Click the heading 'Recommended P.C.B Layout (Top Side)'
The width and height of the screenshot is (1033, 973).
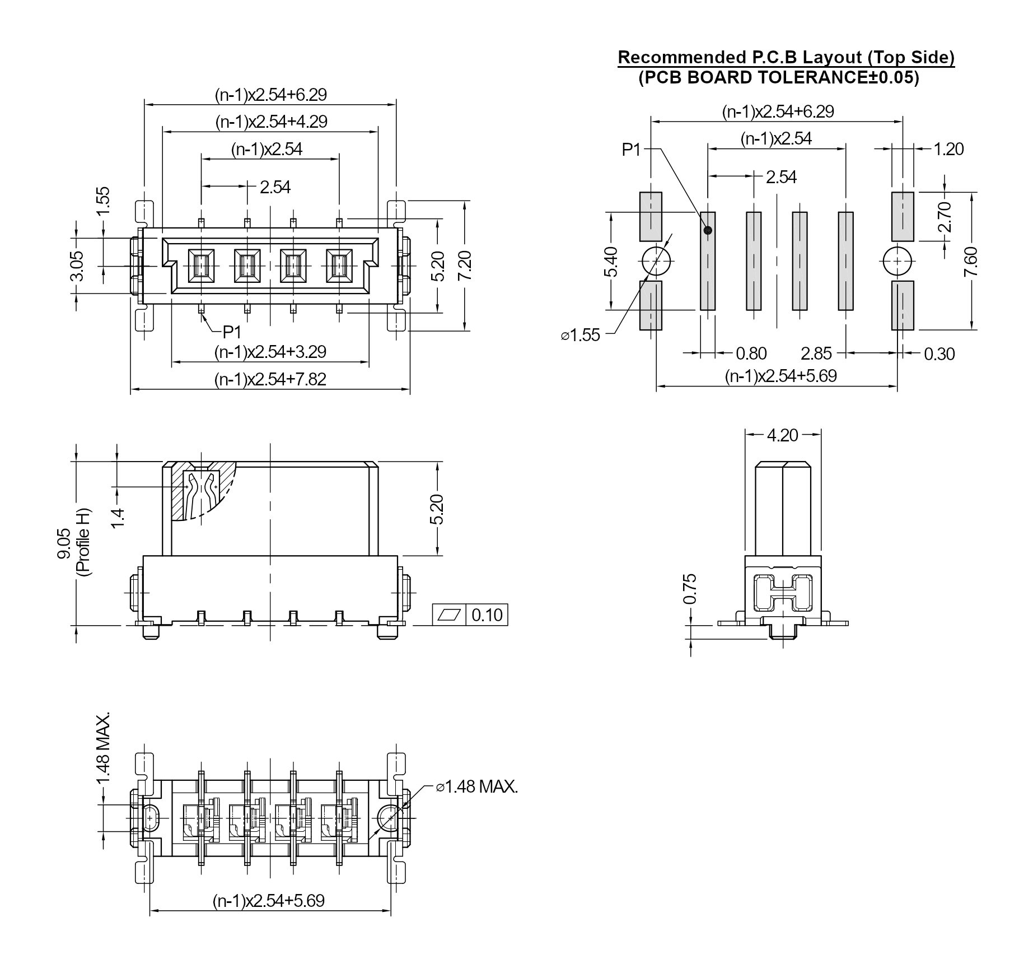[786, 57]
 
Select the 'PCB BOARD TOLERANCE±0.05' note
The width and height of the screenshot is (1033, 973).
[779, 77]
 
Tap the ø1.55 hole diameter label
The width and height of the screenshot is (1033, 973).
[581, 335]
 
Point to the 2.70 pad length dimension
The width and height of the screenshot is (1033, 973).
[945, 217]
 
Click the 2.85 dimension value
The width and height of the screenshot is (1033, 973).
[816, 354]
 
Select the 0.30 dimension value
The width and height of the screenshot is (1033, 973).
[939, 354]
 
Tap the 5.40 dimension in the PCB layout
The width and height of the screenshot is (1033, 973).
[611, 261]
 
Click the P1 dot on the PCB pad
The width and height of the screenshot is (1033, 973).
[708, 230]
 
